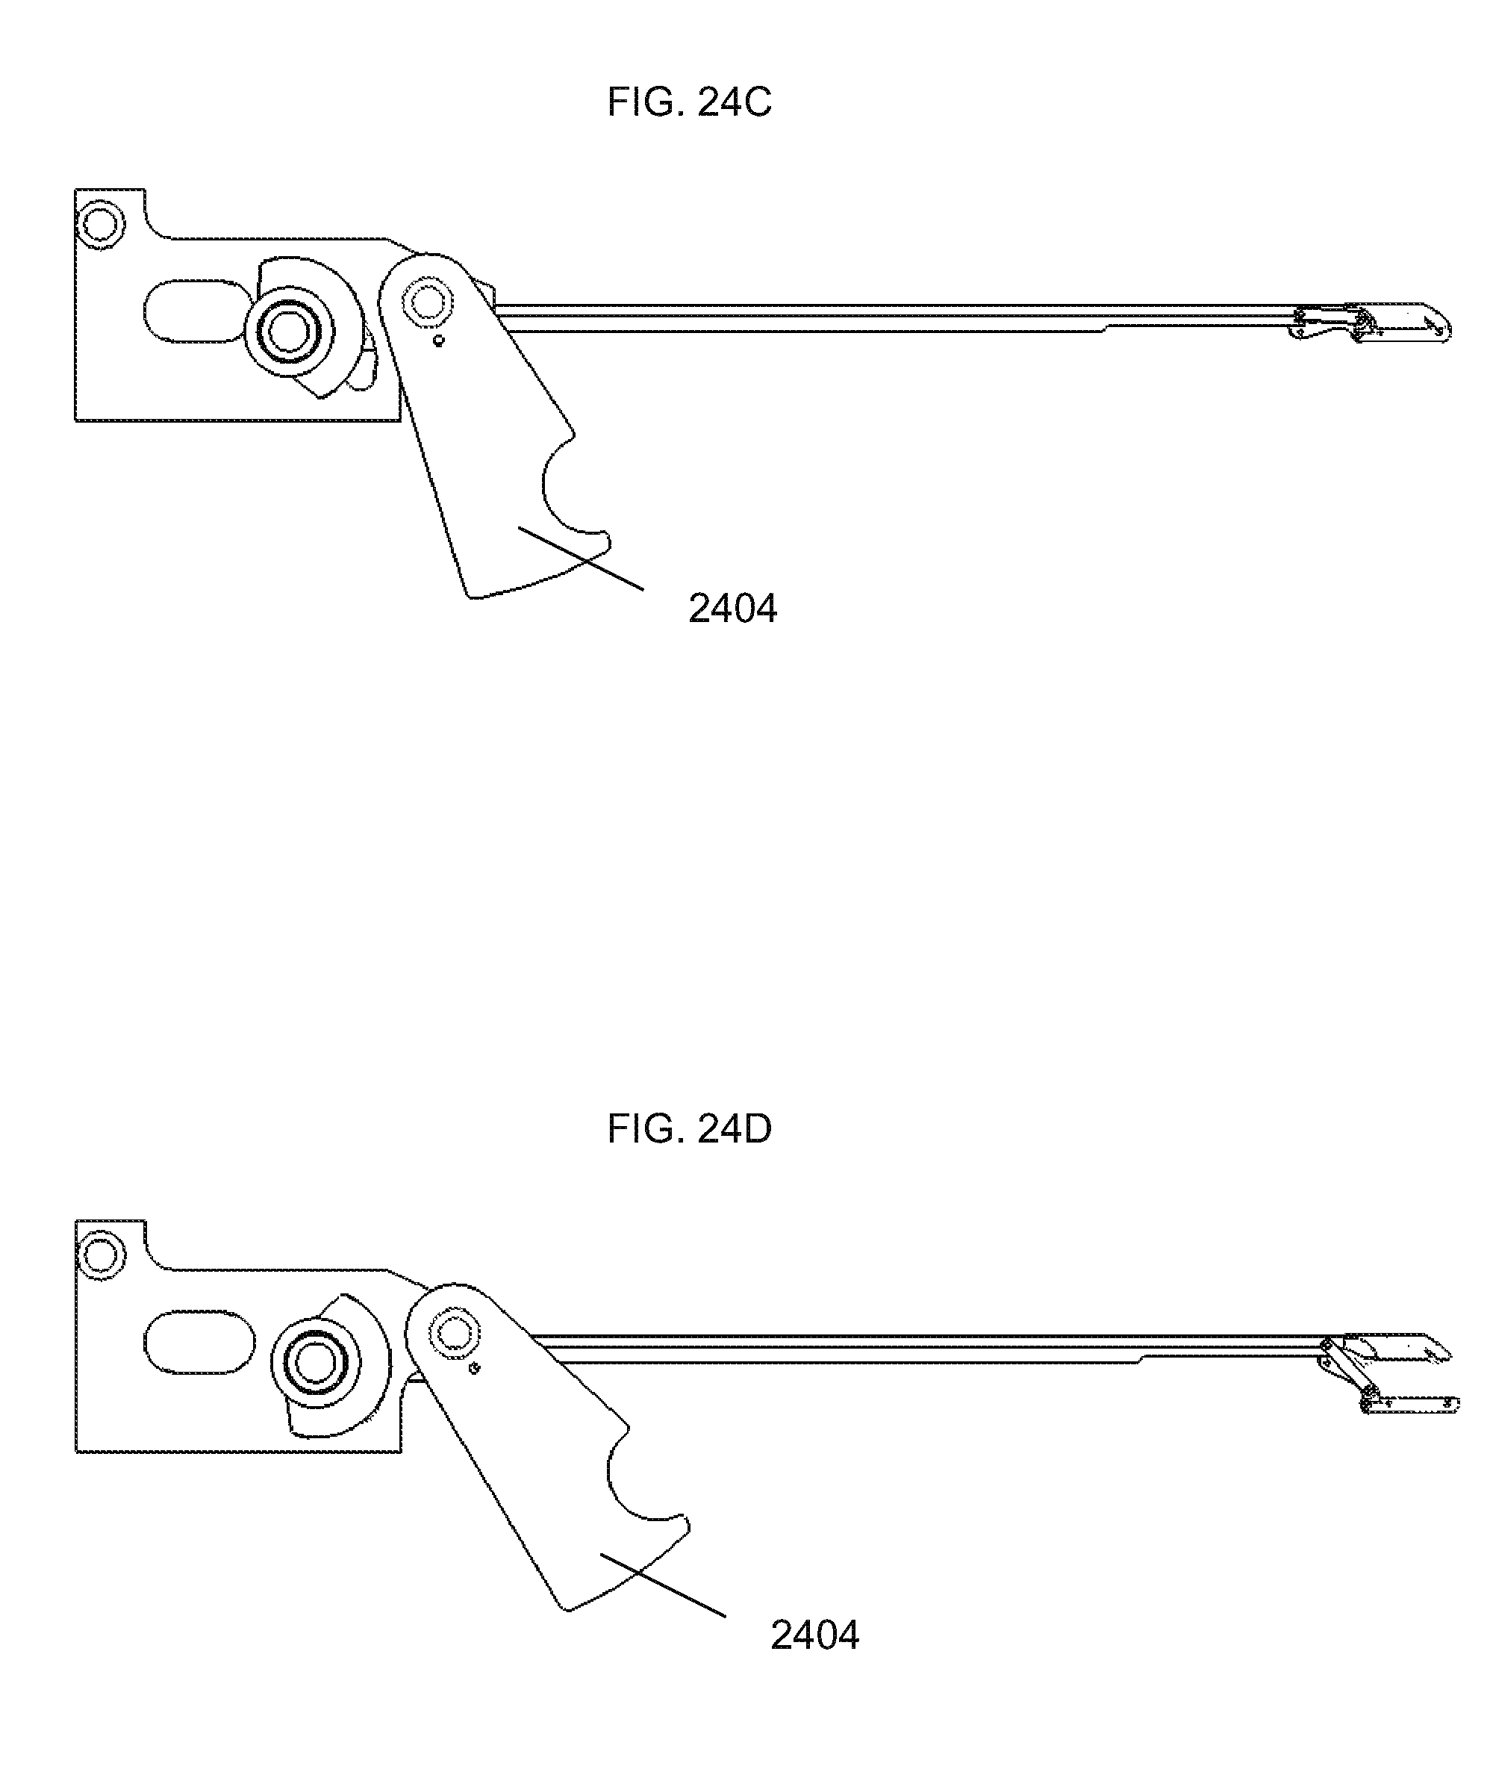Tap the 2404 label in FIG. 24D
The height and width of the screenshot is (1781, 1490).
tap(814, 1635)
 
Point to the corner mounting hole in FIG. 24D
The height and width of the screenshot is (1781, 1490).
tap(100, 1255)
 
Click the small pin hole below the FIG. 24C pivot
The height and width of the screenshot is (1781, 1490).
tap(438, 341)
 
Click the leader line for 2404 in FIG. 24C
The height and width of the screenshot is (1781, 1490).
tap(581, 558)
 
